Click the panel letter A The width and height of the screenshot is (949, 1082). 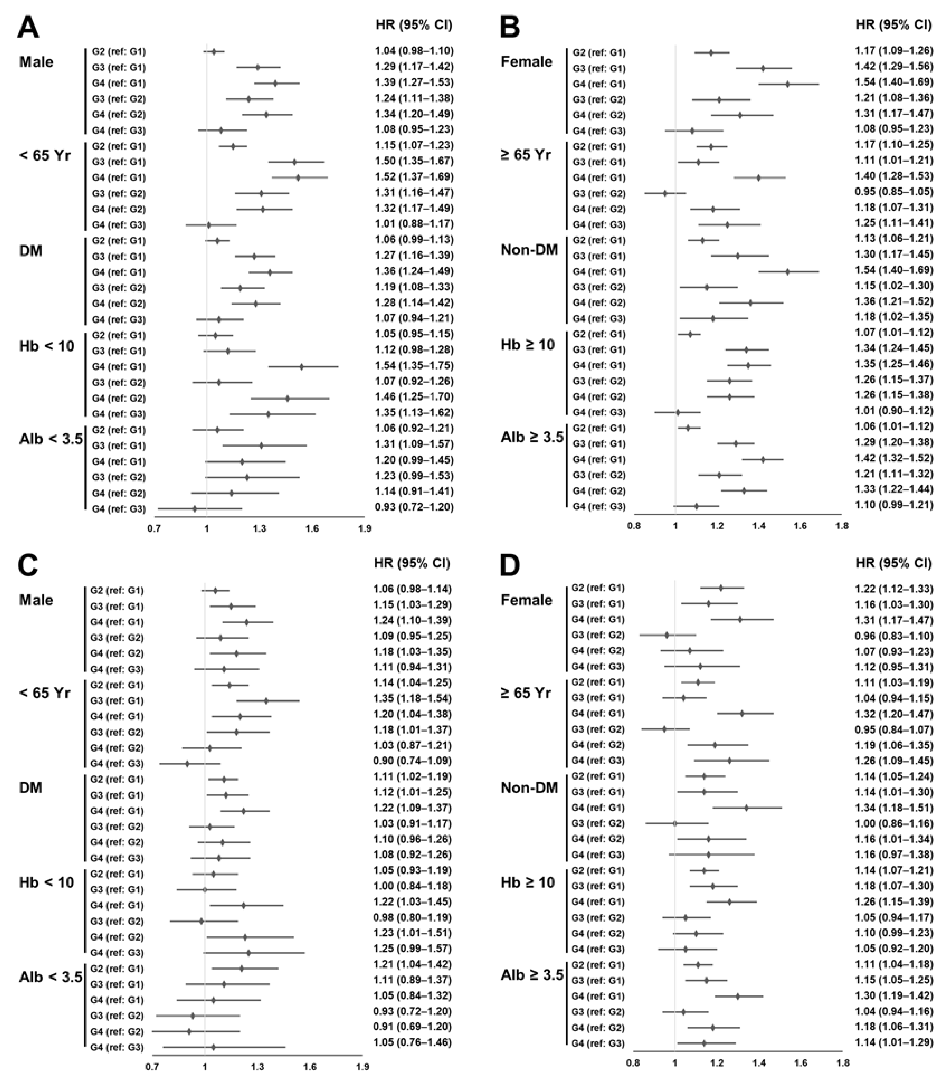[x=28, y=28]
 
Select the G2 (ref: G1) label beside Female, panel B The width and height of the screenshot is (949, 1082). [x=599, y=52]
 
